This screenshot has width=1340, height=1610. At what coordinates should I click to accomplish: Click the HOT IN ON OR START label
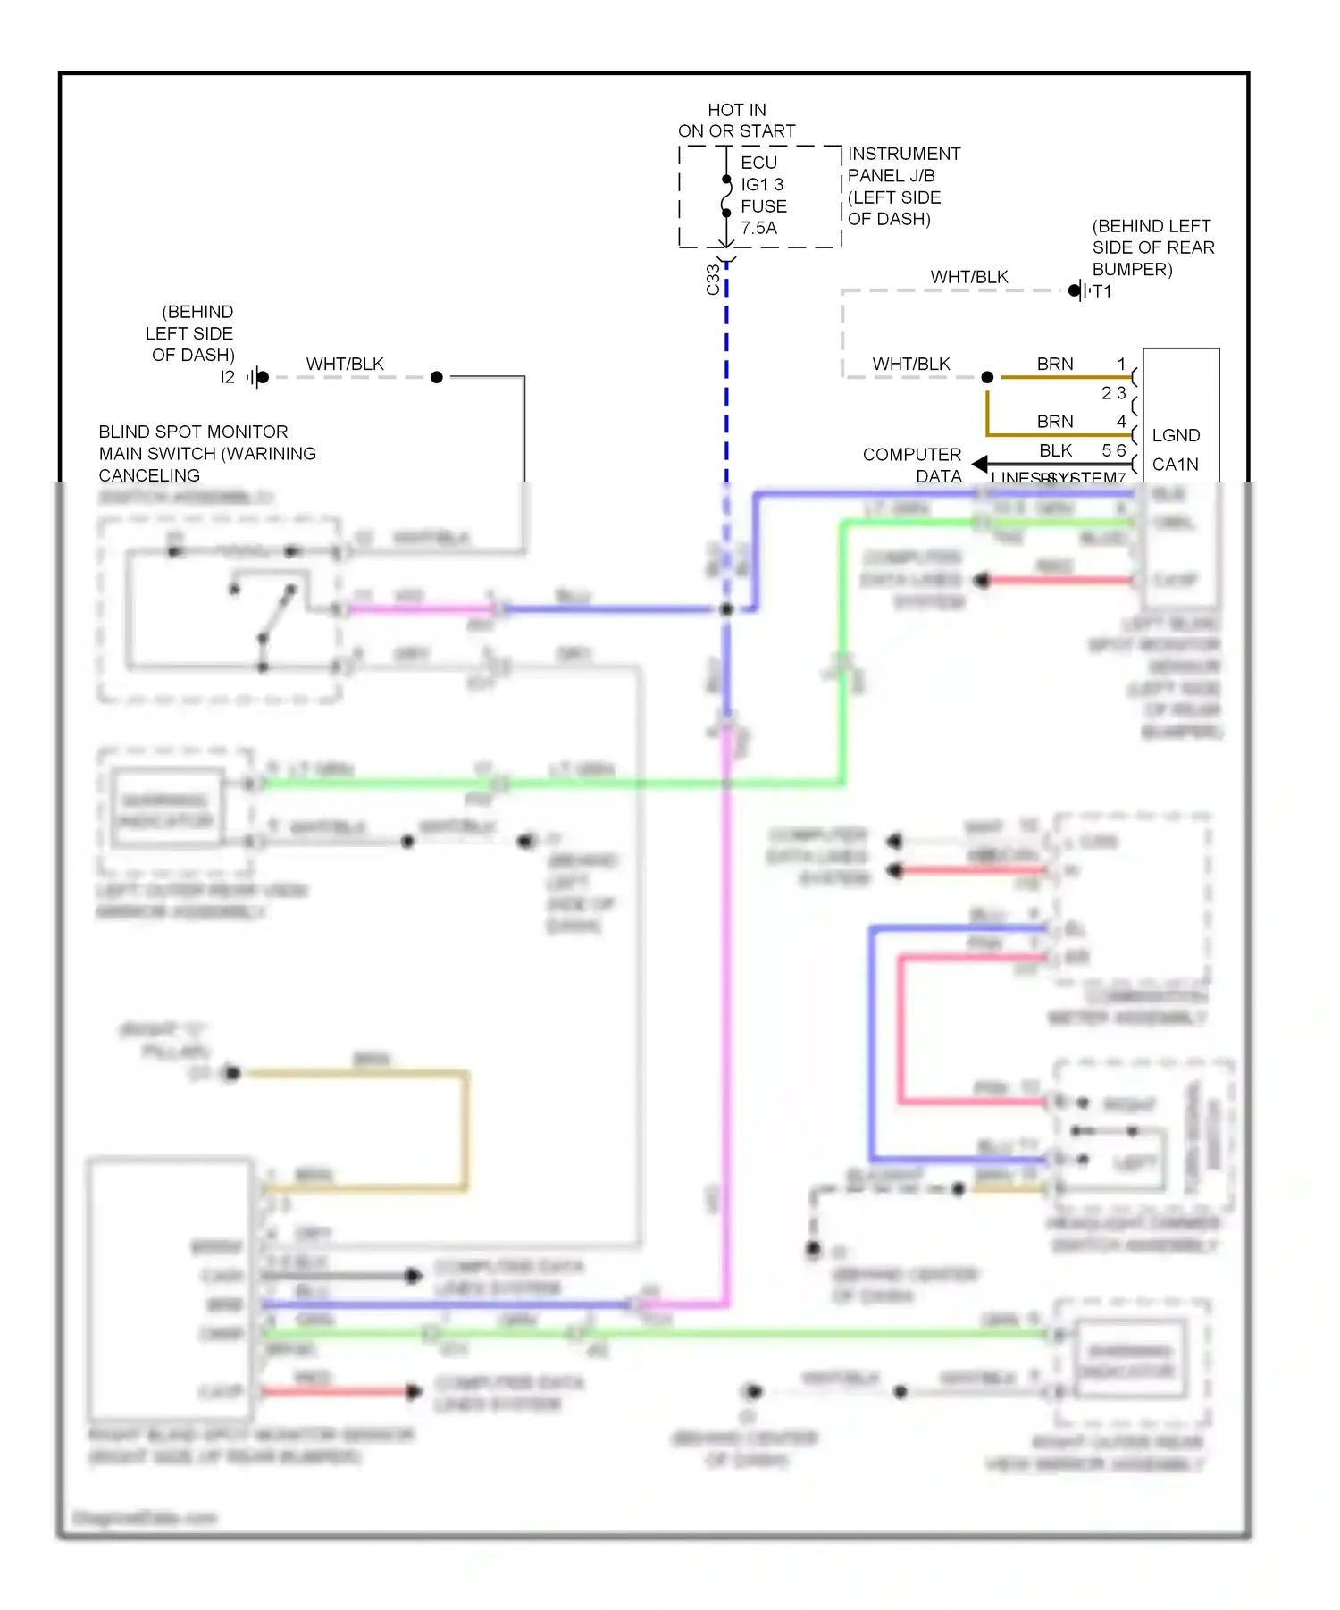736,121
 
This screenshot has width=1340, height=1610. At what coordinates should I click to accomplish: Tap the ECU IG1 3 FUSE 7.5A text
763,195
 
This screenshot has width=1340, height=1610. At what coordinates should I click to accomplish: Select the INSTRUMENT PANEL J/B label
903,164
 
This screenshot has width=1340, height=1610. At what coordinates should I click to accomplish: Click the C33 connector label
713,280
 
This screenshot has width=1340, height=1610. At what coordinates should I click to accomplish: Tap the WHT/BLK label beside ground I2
345,364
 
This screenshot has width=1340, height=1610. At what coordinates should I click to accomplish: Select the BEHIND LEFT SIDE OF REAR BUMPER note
1152,247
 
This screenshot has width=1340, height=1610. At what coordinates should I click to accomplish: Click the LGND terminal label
1176,435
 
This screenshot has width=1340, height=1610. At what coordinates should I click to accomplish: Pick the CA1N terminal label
1176,464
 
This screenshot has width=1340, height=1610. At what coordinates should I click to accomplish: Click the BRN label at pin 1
1055,364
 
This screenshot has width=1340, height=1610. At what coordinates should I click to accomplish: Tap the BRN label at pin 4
1055,421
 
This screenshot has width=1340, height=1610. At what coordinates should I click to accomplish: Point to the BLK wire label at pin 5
1055,450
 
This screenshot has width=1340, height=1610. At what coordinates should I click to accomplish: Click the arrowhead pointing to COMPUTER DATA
980,464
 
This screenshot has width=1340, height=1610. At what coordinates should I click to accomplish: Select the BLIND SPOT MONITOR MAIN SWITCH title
206,453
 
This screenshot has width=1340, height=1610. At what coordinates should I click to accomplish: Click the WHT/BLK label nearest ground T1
969,277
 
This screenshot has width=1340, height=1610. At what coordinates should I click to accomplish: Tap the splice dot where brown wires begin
987,377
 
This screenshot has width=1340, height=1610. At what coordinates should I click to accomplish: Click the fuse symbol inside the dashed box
726,197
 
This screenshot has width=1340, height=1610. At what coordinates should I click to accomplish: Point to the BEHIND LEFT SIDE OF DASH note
191,333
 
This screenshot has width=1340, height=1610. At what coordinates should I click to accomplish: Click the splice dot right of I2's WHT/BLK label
436,377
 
